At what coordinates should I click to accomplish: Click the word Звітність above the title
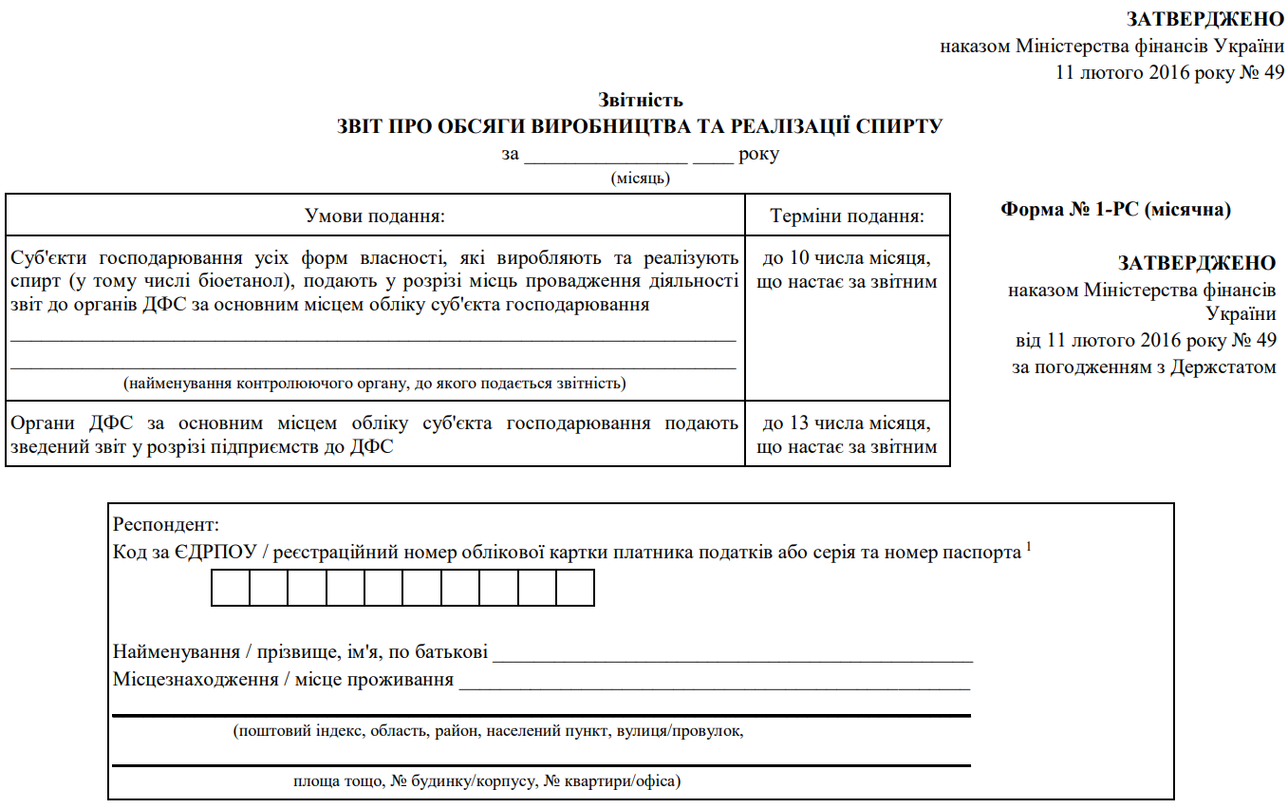tap(641, 100)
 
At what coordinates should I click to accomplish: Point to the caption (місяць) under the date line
tap(641, 178)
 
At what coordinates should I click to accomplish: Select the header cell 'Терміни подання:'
tap(848, 216)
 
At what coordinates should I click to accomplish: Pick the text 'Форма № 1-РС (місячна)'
tap(1115, 211)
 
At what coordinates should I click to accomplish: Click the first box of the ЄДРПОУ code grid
tap(231, 588)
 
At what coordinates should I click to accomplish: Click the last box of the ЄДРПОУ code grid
tap(575, 588)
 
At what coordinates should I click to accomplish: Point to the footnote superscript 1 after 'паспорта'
tap(1028, 547)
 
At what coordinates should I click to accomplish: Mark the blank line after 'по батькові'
tap(733, 654)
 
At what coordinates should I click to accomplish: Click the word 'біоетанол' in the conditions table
tap(240, 282)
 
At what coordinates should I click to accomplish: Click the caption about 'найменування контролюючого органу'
tap(374, 384)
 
